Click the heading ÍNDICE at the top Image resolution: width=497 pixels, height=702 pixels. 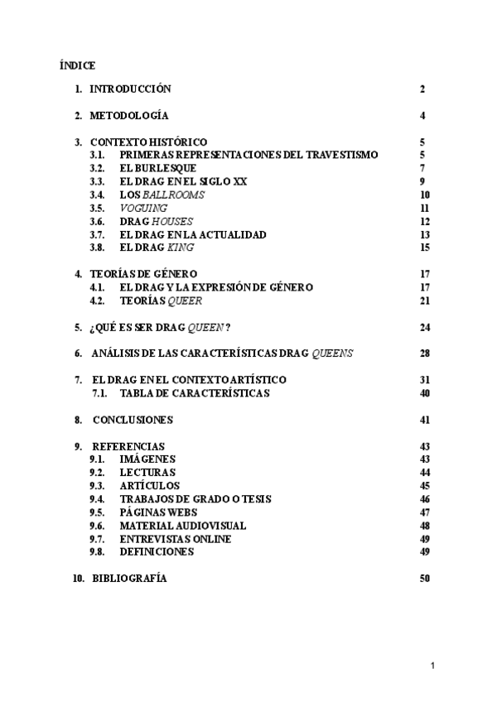(78, 64)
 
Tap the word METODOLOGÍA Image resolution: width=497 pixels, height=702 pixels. (129, 115)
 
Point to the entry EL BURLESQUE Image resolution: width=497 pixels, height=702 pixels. (157, 168)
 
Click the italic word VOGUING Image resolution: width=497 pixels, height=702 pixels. (143, 208)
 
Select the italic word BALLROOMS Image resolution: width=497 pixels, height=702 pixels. (176, 195)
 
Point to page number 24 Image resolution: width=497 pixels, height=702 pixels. (424, 327)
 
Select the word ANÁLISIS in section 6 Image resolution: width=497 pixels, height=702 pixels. (117, 353)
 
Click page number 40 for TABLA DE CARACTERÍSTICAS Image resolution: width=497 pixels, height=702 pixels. (424, 393)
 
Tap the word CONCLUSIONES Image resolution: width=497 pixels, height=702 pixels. (133, 420)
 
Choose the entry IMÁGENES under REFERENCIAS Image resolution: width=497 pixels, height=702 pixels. (147, 459)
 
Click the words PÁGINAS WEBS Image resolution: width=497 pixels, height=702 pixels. (159, 512)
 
